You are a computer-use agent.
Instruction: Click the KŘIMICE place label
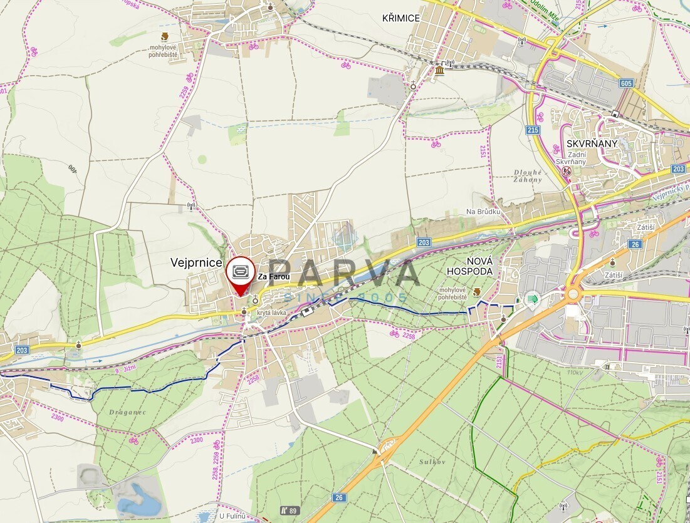[x=401, y=18]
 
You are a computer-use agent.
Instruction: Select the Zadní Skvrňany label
[x=571, y=158]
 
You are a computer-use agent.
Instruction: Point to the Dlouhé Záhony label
[x=528, y=176]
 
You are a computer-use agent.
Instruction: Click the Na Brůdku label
[x=484, y=212]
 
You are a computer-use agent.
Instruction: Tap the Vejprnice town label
[x=196, y=263]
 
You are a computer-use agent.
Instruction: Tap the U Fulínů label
[x=231, y=516]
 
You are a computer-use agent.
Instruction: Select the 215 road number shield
[x=533, y=130]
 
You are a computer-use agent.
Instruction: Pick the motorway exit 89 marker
[x=290, y=510]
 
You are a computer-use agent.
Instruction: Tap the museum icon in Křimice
[x=439, y=71]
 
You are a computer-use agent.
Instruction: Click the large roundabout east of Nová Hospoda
[x=572, y=294]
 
